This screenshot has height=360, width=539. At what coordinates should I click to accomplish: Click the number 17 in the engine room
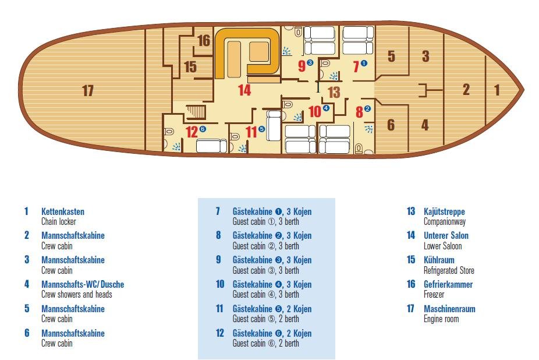click(88, 91)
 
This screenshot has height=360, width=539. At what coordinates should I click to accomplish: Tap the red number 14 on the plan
click(244, 90)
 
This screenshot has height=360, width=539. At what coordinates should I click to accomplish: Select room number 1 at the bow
click(497, 90)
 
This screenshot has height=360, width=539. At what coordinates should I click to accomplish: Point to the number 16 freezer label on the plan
click(203, 41)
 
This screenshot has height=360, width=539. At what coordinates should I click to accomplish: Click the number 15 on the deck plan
click(190, 66)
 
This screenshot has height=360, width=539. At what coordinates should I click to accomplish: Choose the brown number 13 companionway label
click(333, 91)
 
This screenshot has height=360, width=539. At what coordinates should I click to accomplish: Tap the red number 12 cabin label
click(192, 132)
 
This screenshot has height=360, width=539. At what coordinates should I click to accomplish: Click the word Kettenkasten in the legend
click(62, 211)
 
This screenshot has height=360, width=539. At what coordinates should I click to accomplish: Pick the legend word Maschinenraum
click(449, 309)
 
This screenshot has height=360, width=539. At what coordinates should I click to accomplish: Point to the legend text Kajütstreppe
click(444, 211)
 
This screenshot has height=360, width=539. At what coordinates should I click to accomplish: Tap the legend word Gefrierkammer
click(448, 284)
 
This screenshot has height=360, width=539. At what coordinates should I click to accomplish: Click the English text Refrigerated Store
click(449, 270)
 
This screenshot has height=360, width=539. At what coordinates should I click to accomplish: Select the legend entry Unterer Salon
click(446, 236)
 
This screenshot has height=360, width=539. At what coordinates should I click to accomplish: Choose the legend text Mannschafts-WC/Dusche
click(82, 284)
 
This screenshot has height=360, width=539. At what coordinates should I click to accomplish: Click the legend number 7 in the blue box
click(218, 211)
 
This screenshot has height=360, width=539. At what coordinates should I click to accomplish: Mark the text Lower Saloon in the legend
click(442, 246)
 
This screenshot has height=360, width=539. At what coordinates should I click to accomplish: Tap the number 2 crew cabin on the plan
click(466, 90)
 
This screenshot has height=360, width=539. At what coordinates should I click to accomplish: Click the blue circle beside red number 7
click(364, 63)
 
